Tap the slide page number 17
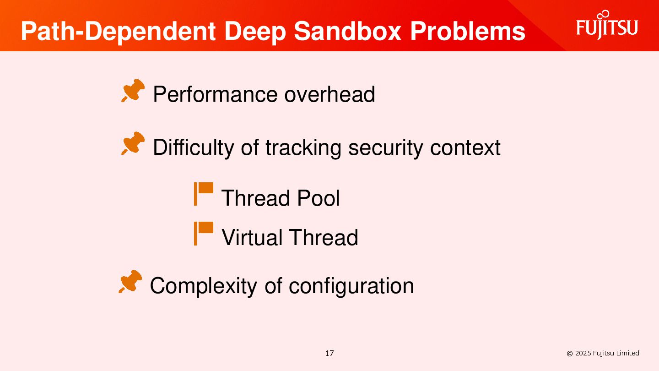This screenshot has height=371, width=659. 329,353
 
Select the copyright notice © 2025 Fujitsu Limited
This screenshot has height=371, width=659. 603,353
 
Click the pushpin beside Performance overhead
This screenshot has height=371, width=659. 133,91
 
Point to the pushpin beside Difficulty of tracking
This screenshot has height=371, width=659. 133,143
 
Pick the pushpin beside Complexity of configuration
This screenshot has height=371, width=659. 130,282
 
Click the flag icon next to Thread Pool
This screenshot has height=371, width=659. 203,194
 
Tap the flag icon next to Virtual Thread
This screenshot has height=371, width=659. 203,233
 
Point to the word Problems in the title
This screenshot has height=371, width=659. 467,31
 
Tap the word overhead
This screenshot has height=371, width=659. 329,94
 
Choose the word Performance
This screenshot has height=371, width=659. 215,94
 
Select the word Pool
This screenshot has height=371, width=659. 318,198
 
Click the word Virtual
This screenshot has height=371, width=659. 252,238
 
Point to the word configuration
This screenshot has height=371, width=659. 351,286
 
